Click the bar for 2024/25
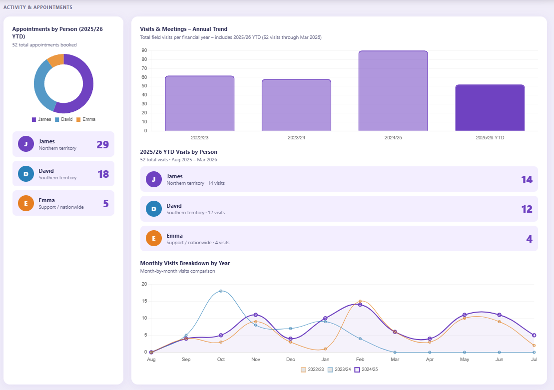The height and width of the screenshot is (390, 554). click(393, 91)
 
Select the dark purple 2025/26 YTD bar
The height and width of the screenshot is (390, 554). click(490, 108)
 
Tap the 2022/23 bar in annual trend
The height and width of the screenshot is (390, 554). click(199, 103)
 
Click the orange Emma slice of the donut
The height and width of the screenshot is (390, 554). click(55, 60)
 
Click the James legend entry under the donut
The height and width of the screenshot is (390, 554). click(41, 119)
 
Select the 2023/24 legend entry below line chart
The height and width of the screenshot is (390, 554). click(340, 370)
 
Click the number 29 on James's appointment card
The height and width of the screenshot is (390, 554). click(102, 145)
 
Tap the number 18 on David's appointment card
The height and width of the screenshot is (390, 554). click(103, 174)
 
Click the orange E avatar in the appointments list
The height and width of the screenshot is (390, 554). click(25, 203)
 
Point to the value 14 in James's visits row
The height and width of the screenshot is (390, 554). click(527, 179)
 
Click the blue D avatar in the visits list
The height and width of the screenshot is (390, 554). click(154, 209)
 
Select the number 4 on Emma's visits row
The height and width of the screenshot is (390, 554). click(529, 239)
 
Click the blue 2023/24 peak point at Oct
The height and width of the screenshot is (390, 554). click(221, 291)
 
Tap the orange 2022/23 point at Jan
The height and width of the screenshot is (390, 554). click(325, 349)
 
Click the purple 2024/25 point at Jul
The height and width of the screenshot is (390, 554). click(534, 335)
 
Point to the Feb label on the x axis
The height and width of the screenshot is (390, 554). click(360, 359)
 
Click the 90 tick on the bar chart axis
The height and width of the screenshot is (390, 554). click(144, 50)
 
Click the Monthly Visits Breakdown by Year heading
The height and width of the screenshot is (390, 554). click(185, 263)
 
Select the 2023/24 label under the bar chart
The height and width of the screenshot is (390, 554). click(296, 137)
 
